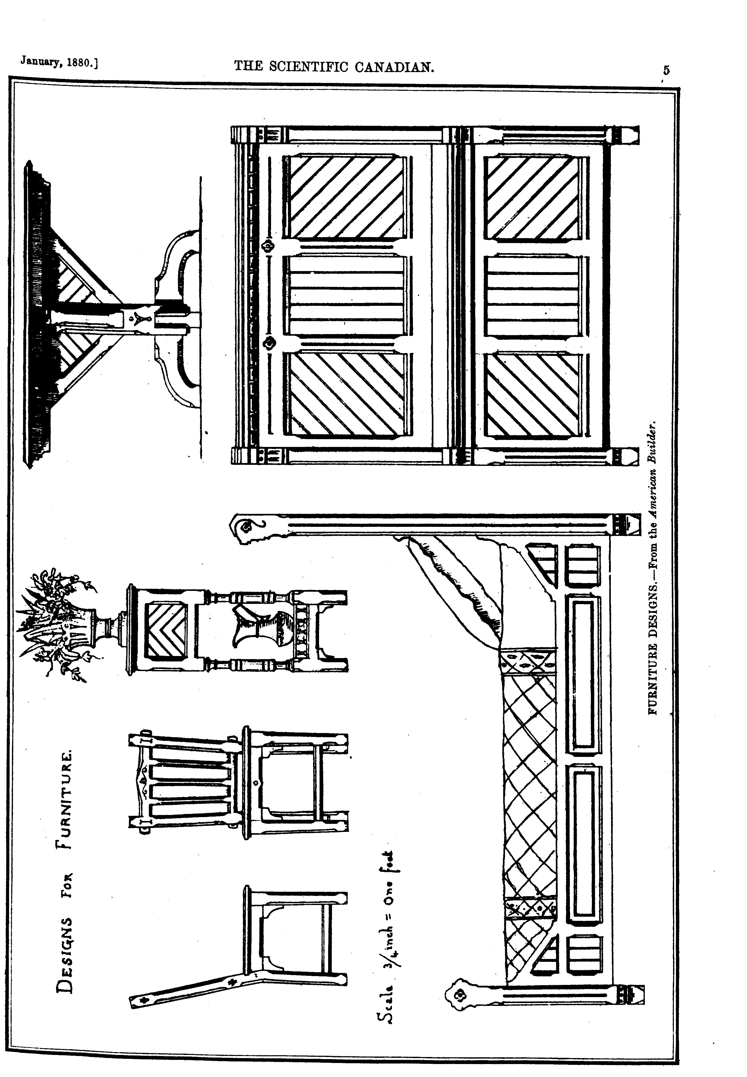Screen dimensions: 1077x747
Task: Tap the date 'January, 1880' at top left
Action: point(59,63)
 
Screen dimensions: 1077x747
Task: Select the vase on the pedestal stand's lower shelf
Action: point(257,627)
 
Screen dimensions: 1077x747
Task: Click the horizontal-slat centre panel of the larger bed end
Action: point(346,295)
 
